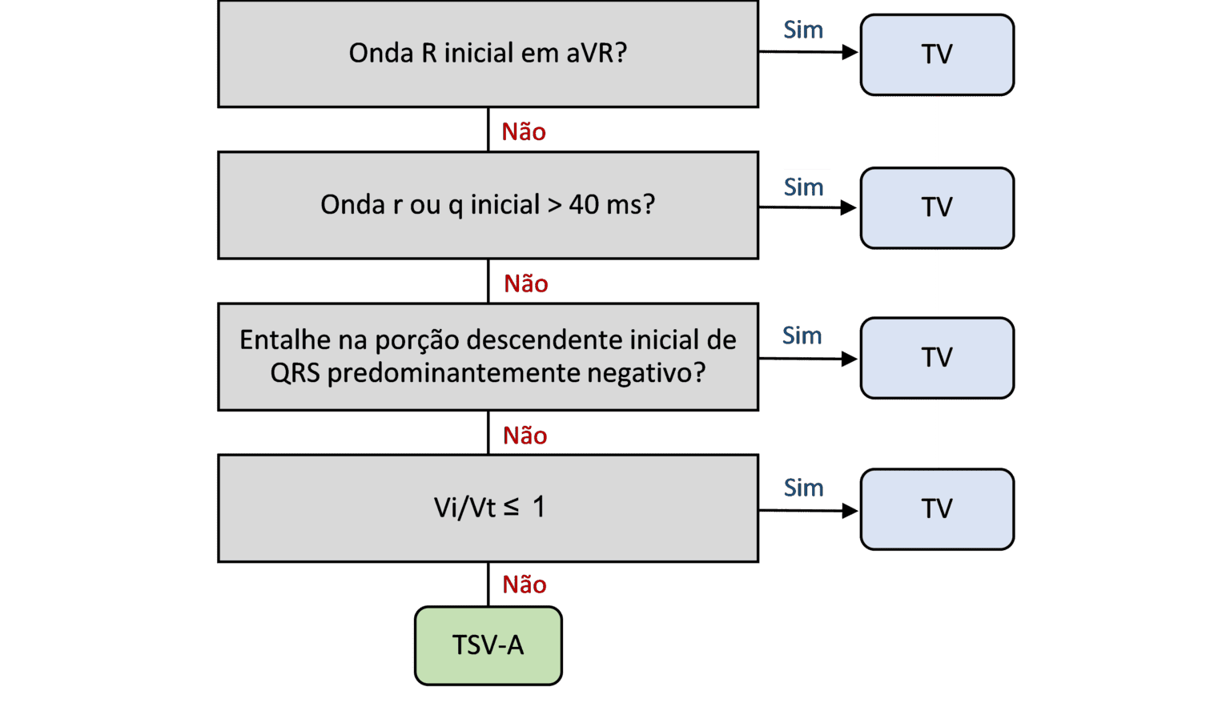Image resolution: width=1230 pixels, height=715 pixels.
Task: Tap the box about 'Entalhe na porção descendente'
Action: pos(488,357)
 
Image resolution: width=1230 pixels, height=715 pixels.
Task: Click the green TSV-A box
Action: pos(488,645)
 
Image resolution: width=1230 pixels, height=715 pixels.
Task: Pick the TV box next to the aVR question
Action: pos(937,54)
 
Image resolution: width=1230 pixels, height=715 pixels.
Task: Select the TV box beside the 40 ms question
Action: pos(937,207)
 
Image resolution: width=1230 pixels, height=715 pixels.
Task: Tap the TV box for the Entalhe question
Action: pos(937,357)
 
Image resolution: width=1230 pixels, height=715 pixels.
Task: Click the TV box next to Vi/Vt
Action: pos(937,508)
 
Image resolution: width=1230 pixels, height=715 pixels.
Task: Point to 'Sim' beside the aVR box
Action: pos(803,30)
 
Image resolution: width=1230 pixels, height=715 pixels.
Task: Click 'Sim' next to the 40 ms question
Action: pos(803,187)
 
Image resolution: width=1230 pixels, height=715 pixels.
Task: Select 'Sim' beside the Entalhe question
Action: pos(802,335)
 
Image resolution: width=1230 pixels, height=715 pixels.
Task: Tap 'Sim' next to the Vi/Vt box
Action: pos(803,488)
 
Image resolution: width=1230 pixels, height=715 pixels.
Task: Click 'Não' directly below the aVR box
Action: pos(524,131)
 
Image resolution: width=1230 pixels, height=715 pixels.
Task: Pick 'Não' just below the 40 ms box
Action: pos(525,283)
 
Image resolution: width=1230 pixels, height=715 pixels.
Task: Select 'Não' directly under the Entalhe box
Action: pos(525,435)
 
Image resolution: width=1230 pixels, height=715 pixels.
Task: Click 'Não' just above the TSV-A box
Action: pos(525,584)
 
